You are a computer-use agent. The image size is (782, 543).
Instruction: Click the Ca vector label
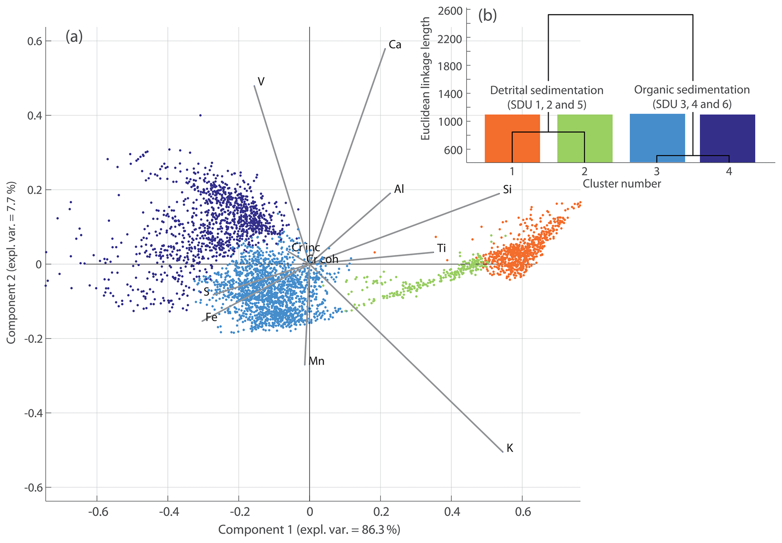[x=395, y=45]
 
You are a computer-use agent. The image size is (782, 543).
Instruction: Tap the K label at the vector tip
[x=510, y=448]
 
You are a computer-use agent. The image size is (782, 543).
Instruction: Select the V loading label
[x=261, y=81]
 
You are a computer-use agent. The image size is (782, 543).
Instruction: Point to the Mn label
[x=317, y=361]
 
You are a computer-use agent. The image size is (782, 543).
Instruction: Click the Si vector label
[x=507, y=190]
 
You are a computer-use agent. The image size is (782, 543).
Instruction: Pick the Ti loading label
[x=441, y=248]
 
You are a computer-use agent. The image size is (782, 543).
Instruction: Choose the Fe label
[x=211, y=317]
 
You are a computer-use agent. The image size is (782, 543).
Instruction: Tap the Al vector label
[x=399, y=189]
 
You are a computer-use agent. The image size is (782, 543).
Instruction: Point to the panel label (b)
[x=487, y=16]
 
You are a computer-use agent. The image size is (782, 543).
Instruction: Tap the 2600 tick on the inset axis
[x=450, y=11]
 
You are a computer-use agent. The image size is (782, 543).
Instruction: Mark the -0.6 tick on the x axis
[x=98, y=512]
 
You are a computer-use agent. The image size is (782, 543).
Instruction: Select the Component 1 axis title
[x=309, y=530]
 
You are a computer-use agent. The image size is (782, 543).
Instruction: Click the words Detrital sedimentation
[x=546, y=90]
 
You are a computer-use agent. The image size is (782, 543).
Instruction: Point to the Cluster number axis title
[x=622, y=184]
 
